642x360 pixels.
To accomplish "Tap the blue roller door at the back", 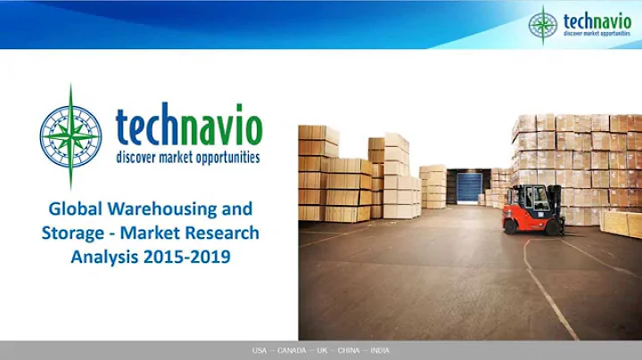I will coord(468,188).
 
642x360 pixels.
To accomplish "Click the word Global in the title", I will coord(74,209).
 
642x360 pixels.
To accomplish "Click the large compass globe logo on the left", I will coord(70,135).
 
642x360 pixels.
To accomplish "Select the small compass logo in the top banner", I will coord(542,25).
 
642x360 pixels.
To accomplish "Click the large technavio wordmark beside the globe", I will coord(188,127).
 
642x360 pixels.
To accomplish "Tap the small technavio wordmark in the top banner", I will coord(597,20).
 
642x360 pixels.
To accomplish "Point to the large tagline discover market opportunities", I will coord(188,158).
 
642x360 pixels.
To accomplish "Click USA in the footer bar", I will coord(259,351).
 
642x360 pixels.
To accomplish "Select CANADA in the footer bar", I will coord(292,351).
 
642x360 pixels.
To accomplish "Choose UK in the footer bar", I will coord(322,351).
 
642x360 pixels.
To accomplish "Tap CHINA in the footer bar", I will coord(350,351).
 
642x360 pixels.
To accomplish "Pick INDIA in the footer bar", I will coord(381,351).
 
